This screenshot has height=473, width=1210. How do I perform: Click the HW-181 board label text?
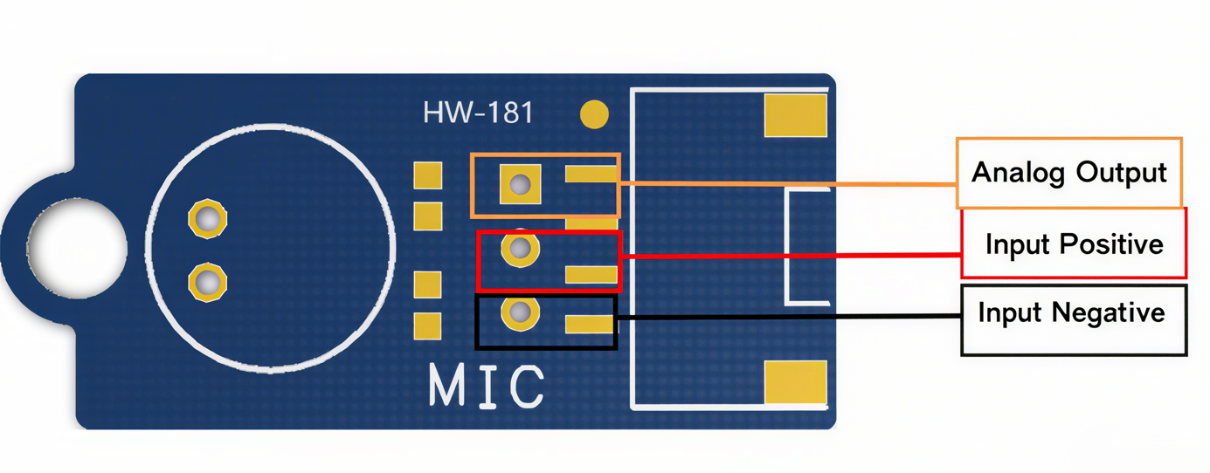478,113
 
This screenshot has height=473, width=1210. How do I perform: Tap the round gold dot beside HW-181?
595,114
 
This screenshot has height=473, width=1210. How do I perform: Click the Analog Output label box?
1068,172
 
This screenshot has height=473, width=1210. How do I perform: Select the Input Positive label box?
1074,243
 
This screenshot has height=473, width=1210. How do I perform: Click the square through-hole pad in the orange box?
520,184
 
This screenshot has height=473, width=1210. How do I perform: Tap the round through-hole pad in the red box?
520,249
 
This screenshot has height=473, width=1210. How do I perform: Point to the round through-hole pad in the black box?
520,312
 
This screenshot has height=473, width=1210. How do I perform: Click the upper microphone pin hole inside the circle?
208,219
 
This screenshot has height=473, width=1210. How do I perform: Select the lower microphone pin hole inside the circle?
208,282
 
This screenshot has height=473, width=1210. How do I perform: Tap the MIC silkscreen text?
487,386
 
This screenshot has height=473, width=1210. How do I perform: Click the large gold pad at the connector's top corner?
795,116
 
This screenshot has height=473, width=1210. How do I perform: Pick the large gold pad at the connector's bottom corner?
795,383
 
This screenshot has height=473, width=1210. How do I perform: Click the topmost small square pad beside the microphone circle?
427,175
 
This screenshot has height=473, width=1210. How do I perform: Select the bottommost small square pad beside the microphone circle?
427,326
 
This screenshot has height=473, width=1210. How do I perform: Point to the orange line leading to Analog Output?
786,183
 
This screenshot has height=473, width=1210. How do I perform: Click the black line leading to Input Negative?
786,318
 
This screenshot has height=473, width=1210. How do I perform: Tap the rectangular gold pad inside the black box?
590,325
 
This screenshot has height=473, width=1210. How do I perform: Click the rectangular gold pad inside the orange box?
591,175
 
